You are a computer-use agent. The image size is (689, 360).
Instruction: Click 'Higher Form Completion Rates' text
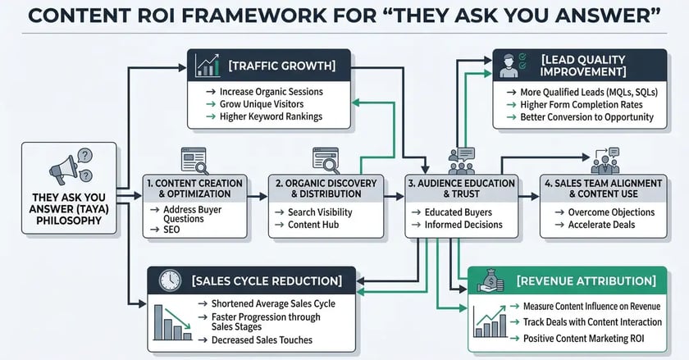[587, 104]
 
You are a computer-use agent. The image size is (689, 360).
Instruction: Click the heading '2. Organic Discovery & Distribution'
[326, 188]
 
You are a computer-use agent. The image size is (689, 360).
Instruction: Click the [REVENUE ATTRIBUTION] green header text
[587, 281]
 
